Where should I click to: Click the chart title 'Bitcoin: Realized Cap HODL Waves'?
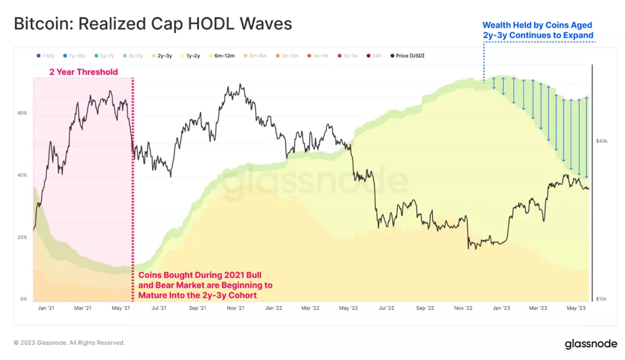[x=153, y=24]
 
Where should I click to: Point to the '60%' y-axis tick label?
[x=22, y=113]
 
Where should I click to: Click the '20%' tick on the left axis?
[x=22, y=237]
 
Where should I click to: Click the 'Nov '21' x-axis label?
[x=236, y=309]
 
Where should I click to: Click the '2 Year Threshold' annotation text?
[x=83, y=72]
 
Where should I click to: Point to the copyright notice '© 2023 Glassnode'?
[x=69, y=343]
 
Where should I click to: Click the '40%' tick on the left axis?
[x=22, y=175]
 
